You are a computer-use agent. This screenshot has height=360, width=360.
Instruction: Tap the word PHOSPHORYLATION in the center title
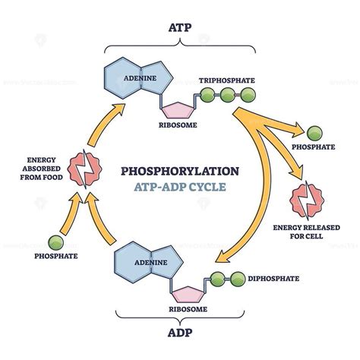point(179,171)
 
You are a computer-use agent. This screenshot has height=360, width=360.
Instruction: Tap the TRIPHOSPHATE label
point(229,80)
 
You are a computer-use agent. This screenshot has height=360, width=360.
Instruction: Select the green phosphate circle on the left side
point(53,244)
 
